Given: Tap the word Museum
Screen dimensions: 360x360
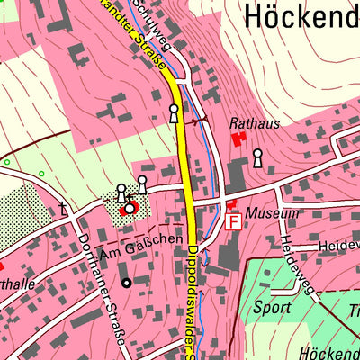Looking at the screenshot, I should (275, 213).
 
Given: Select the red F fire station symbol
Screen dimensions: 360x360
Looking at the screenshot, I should (232, 221).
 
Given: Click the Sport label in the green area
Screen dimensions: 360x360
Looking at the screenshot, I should (272, 307).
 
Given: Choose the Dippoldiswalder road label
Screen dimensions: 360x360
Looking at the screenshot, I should (193, 297).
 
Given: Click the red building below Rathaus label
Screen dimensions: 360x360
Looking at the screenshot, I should (239, 139).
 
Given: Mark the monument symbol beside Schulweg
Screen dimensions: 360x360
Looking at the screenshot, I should (174, 113).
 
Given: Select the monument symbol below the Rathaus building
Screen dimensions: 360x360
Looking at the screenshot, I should (258, 158).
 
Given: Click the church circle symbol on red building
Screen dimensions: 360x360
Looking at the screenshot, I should (130, 208).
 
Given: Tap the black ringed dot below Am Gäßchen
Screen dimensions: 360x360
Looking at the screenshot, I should (126, 283).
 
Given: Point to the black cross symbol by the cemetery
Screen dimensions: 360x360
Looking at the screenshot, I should (63, 208).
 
